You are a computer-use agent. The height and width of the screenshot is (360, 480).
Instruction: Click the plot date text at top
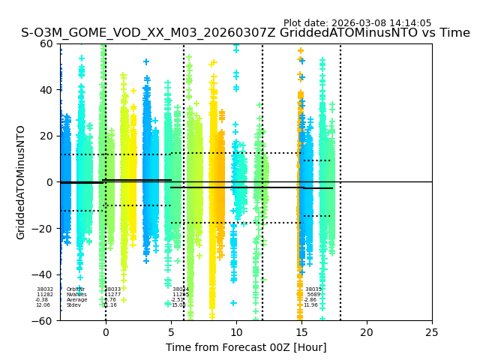tap(357, 23)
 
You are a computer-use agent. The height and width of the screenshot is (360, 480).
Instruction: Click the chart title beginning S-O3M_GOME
tap(245, 33)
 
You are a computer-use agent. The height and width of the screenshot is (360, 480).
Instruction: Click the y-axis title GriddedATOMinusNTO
tap(21, 182)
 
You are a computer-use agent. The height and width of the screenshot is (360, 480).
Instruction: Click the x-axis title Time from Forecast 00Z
tap(246, 347)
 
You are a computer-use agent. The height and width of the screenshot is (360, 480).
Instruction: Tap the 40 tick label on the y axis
tap(46, 90)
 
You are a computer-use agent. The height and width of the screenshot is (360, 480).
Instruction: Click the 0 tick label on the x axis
tap(106, 332)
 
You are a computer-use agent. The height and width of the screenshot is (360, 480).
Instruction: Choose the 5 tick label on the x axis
tap(171, 332)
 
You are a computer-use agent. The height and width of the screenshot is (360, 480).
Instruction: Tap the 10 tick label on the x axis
tap(236, 332)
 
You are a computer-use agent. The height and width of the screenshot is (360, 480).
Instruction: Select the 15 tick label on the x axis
tap(301, 332)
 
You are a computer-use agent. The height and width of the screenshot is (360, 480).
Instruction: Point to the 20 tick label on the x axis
tap(367, 332)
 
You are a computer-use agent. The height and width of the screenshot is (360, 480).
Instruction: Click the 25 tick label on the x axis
tap(432, 332)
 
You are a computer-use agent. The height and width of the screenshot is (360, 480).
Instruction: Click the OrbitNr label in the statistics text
tap(76, 289)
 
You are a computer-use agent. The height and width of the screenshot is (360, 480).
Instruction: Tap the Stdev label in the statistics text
tap(73, 305)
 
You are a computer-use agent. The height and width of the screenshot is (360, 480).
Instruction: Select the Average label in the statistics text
tap(76, 300)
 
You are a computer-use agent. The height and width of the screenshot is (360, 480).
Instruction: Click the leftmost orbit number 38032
tap(45, 289)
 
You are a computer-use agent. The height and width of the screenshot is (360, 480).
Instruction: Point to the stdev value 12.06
tap(43, 305)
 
